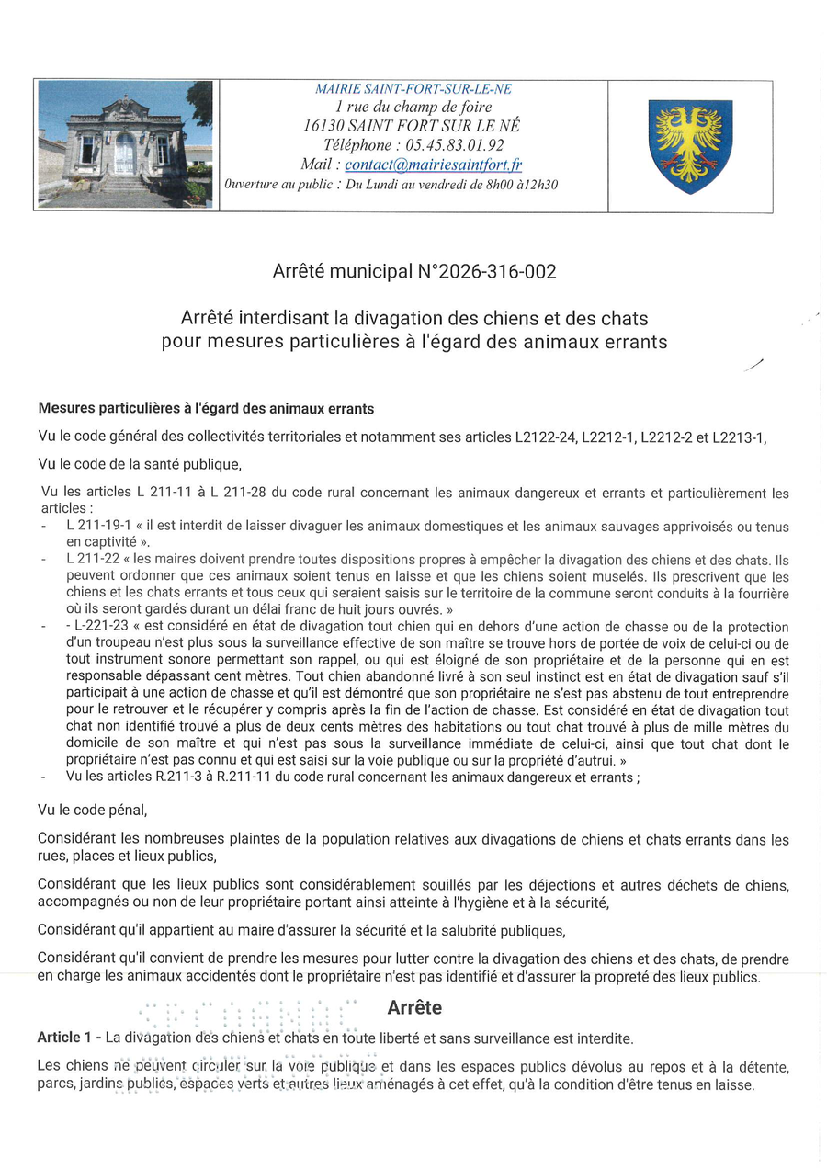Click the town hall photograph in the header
coord(126,144)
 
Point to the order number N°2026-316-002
coord(487,272)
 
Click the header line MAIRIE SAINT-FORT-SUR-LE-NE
coord(413,89)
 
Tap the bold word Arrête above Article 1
coord(414,1007)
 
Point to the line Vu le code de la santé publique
coord(139,464)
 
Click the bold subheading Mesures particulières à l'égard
coord(206,408)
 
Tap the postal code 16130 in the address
coord(323,126)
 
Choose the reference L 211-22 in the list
coord(95,559)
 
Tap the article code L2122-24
coord(545,437)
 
